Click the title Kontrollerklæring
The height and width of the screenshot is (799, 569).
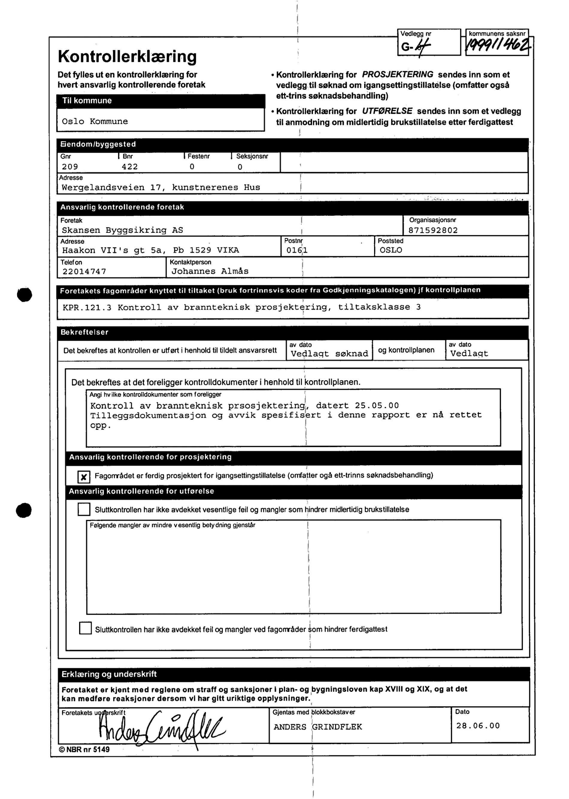pyautogui.click(x=127, y=56)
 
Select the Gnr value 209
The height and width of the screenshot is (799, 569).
pyautogui.click(x=70, y=167)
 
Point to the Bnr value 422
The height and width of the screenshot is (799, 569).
pyautogui.click(x=130, y=167)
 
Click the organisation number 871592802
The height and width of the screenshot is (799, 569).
pyautogui.click(x=433, y=230)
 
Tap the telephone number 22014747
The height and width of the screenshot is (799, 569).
pyautogui.click(x=84, y=272)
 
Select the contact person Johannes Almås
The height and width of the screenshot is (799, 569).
pyautogui.click(x=210, y=271)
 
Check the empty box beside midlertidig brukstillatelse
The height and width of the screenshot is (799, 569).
pyautogui.click(x=84, y=509)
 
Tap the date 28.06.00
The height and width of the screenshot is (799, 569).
pyautogui.click(x=478, y=726)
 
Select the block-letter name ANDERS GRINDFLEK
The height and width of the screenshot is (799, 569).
pyautogui.click(x=317, y=727)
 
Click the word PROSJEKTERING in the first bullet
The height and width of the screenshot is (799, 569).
pyautogui.click(x=397, y=75)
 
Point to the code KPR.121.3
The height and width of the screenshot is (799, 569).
pyautogui.click(x=87, y=308)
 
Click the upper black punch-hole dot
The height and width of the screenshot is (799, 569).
pyautogui.click(x=25, y=294)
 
